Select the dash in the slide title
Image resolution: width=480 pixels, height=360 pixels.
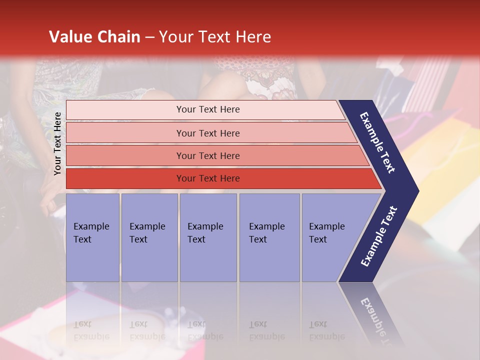tap(149, 37)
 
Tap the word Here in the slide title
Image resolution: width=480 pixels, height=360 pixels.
tap(253, 37)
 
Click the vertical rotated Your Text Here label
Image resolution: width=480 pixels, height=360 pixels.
tap(57, 143)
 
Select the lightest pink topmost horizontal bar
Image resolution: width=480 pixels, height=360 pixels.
tap(207, 109)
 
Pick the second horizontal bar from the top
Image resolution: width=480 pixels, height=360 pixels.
tap(207, 133)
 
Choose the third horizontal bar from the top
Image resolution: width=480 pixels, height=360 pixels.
tap(207, 155)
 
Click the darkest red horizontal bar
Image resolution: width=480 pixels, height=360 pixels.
tap(207, 178)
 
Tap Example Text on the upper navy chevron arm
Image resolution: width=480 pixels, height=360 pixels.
tap(377, 142)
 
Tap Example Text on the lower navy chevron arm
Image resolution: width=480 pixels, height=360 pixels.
tap(379, 236)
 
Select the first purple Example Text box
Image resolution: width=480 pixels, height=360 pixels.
tap(92, 237)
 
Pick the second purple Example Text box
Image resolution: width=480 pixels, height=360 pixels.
tap(149, 237)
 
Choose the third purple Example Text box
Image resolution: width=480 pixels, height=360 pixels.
tap(208, 237)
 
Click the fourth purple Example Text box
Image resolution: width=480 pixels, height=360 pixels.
tap(269, 237)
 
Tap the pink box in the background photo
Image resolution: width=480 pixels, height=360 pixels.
tap(30, 325)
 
